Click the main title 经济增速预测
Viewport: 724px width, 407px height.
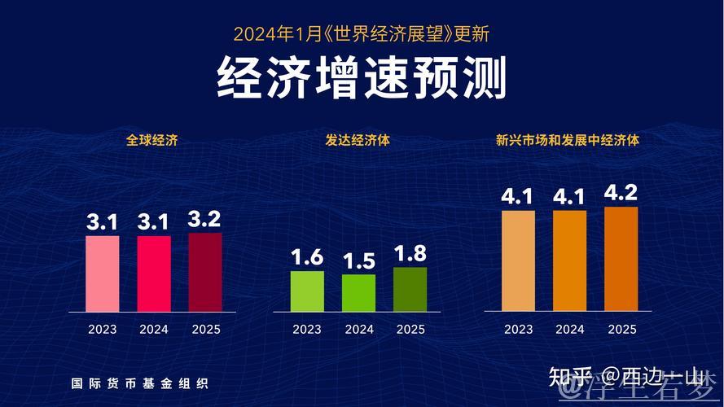pyautogui.click(x=362, y=79)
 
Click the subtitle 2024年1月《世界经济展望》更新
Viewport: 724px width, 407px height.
pyautogui.click(x=362, y=34)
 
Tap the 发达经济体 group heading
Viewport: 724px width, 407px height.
pyautogui.click(x=358, y=140)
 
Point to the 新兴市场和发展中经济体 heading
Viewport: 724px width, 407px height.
pyautogui.click(x=568, y=140)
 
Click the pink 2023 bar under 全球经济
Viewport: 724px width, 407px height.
pyautogui.click(x=103, y=274)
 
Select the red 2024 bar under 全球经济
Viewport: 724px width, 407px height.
pyautogui.click(x=154, y=274)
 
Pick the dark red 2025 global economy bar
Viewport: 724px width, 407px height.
pyautogui.click(x=205, y=272)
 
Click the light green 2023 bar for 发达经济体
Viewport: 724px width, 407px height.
pyautogui.click(x=307, y=291)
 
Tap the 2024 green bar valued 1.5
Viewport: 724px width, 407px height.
pyautogui.click(x=358, y=292)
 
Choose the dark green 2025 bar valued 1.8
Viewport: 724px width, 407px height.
pyautogui.click(x=410, y=289)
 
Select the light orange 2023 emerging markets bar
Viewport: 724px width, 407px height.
pyautogui.click(x=518, y=260)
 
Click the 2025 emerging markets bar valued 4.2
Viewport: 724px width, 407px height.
pyautogui.click(x=621, y=259)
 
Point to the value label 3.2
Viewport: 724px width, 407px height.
pyautogui.click(x=205, y=220)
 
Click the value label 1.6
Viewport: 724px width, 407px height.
pyautogui.click(x=307, y=258)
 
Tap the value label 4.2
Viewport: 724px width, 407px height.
pyautogui.click(x=621, y=194)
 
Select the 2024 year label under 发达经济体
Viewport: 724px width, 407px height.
pyautogui.click(x=358, y=330)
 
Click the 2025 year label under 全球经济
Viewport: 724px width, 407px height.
pyautogui.click(x=205, y=330)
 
